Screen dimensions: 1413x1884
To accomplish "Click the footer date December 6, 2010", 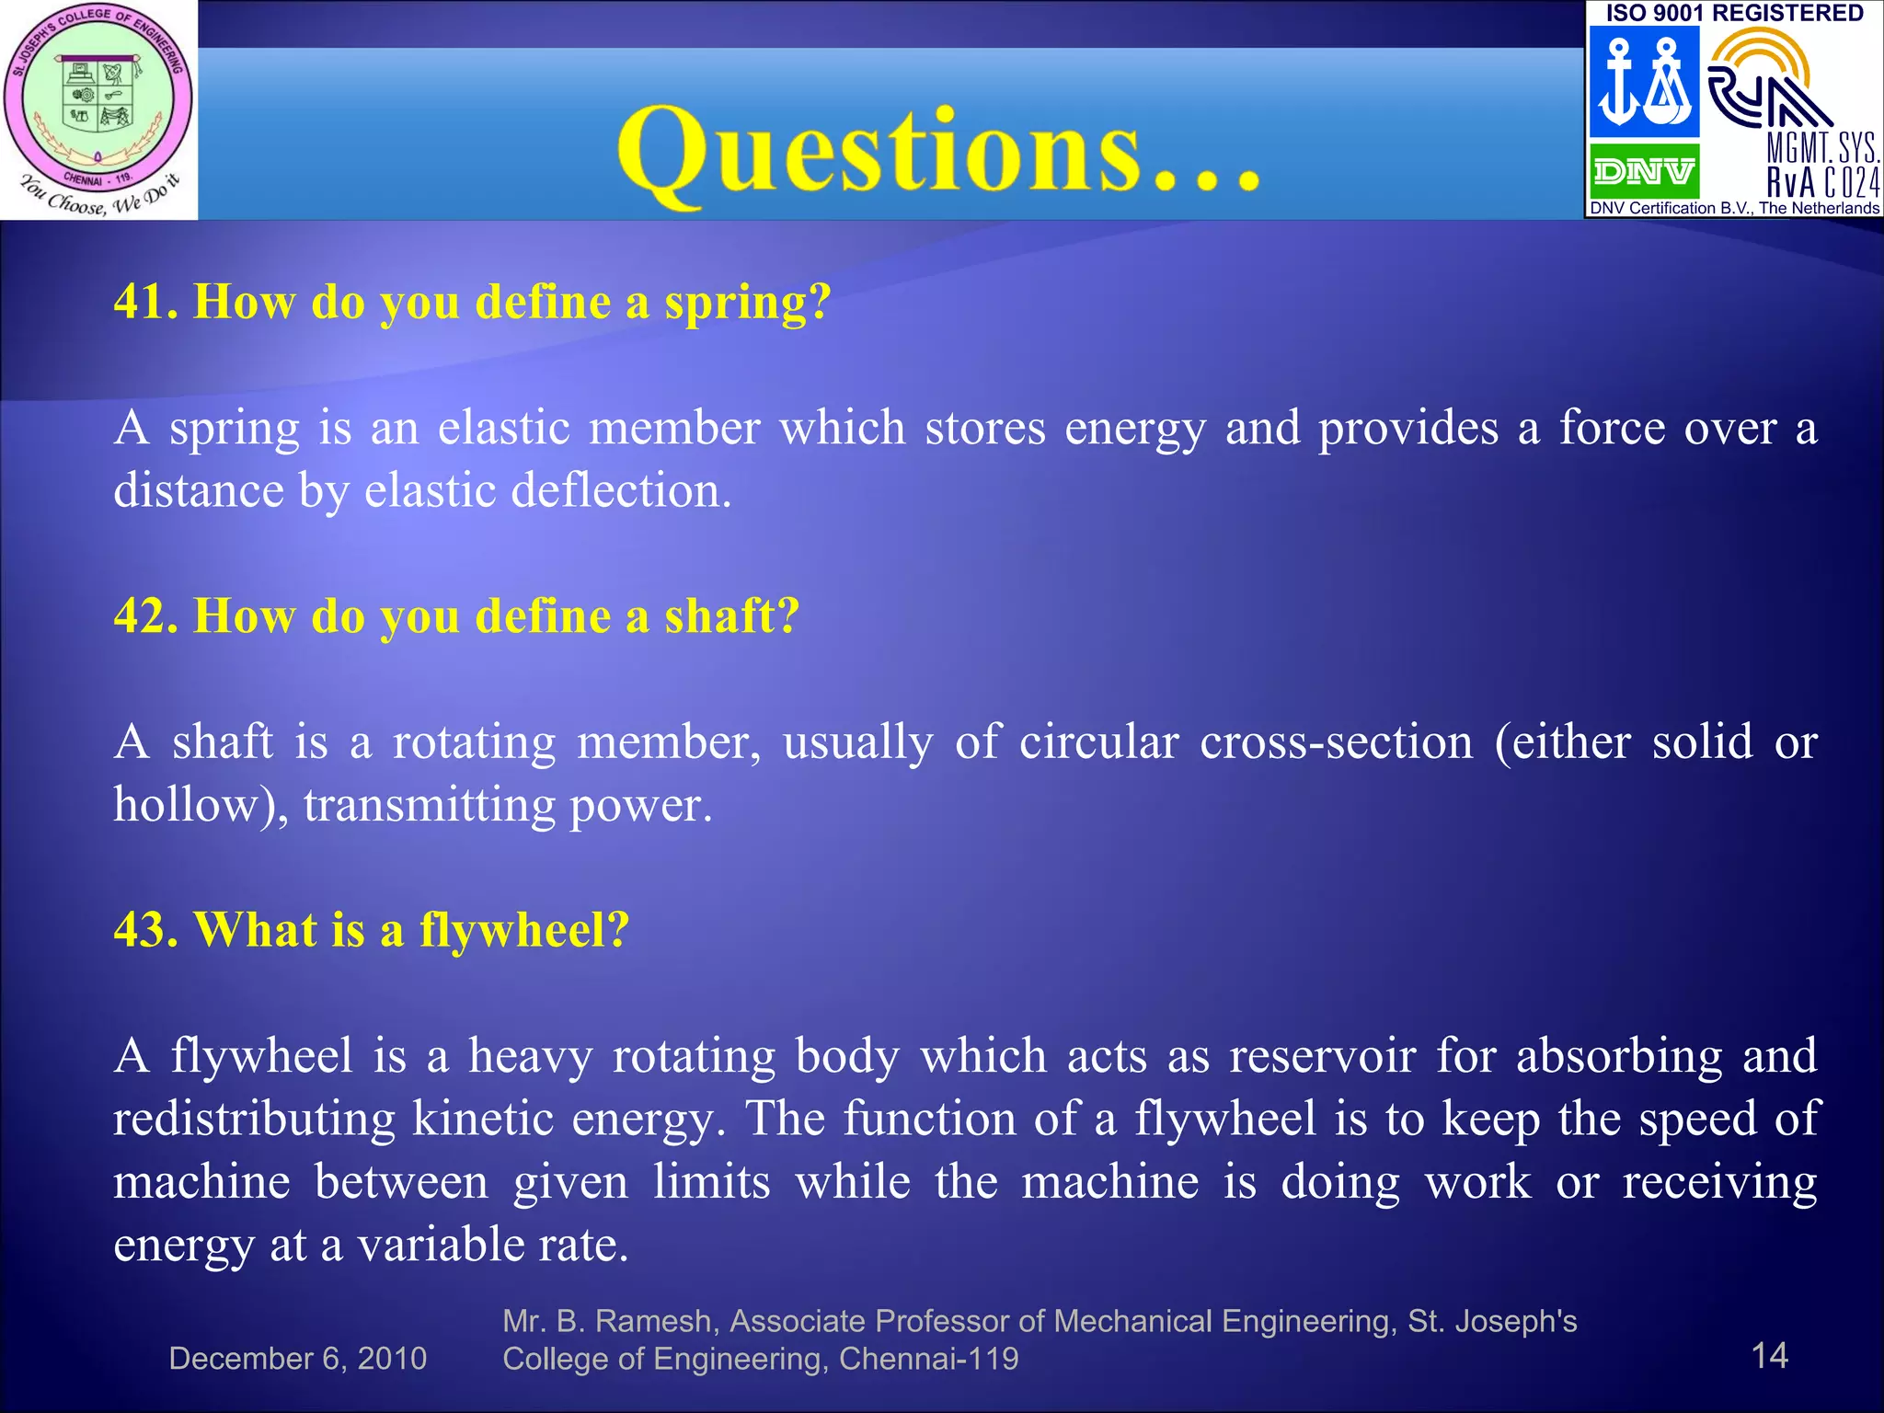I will (x=297, y=1359).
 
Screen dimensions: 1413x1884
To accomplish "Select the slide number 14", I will (x=1768, y=1355).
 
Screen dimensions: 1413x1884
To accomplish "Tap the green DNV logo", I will (x=1643, y=171).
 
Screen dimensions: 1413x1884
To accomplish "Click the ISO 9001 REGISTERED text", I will (x=1734, y=13).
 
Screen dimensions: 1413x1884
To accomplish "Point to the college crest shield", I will (x=98, y=101).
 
